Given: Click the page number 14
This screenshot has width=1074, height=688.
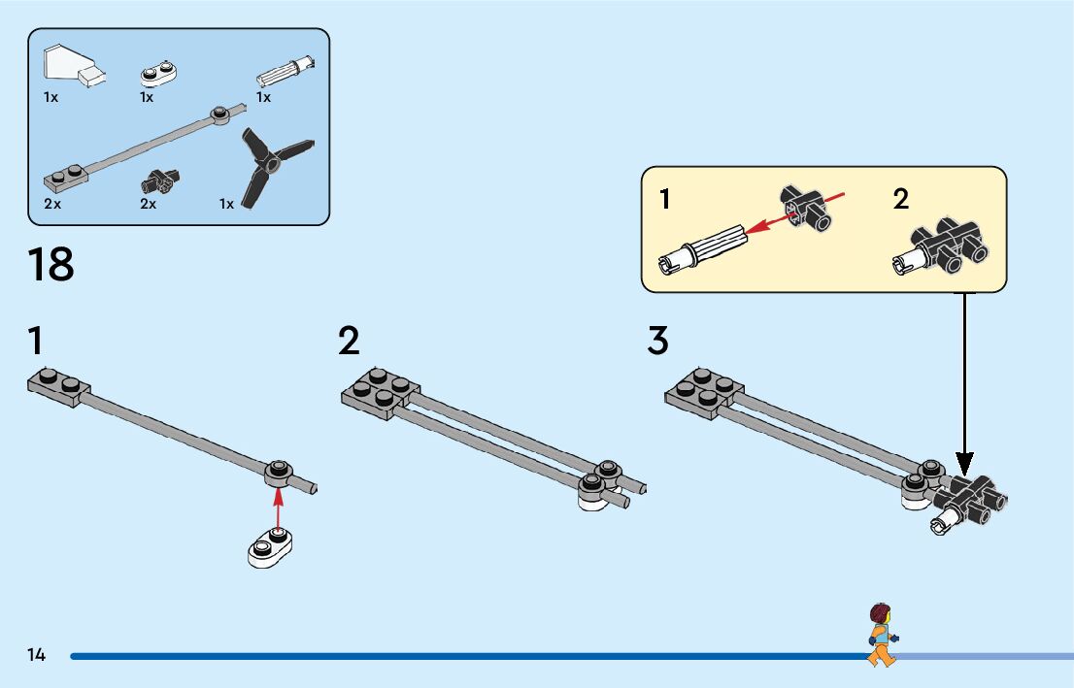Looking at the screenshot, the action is [37, 655].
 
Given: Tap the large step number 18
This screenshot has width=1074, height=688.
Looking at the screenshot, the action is [51, 265].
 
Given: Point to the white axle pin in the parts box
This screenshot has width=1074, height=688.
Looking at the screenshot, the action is [285, 73].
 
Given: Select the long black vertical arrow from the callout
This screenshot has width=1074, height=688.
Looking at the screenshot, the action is [964, 378].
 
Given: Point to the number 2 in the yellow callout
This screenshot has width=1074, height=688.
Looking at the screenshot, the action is [901, 200].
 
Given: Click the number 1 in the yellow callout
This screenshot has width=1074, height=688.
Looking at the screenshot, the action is [665, 200].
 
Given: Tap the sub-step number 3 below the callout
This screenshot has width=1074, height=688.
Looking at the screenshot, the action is [657, 342].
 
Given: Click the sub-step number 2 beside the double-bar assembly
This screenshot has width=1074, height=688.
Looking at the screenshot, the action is [349, 342].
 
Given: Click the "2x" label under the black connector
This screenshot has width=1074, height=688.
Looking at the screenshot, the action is [149, 204].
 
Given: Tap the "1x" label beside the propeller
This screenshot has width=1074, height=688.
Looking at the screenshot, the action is [227, 204].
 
